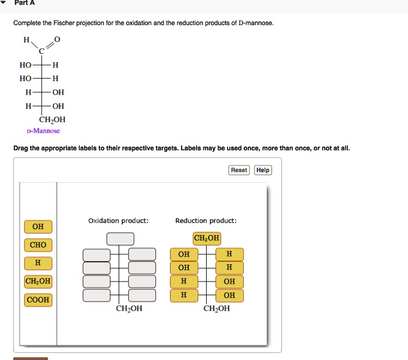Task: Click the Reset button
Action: (239, 170)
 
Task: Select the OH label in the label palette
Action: (38, 227)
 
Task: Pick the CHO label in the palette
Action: (38, 245)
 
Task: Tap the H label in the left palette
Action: (38, 262)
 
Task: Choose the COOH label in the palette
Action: (38, 300)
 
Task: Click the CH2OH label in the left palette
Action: (38, 282)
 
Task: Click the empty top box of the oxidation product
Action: (120, 239)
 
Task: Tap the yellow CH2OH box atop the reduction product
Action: (207, 239)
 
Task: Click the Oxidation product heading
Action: (118, 221)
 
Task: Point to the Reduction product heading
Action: (206, 221)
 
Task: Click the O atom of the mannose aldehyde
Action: (58, 39)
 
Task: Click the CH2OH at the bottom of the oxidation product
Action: (129, 309)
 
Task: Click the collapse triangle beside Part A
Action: (4, 3)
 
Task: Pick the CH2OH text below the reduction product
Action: (217, 309)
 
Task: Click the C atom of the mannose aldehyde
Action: (41, 51)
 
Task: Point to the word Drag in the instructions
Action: (21, 148)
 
